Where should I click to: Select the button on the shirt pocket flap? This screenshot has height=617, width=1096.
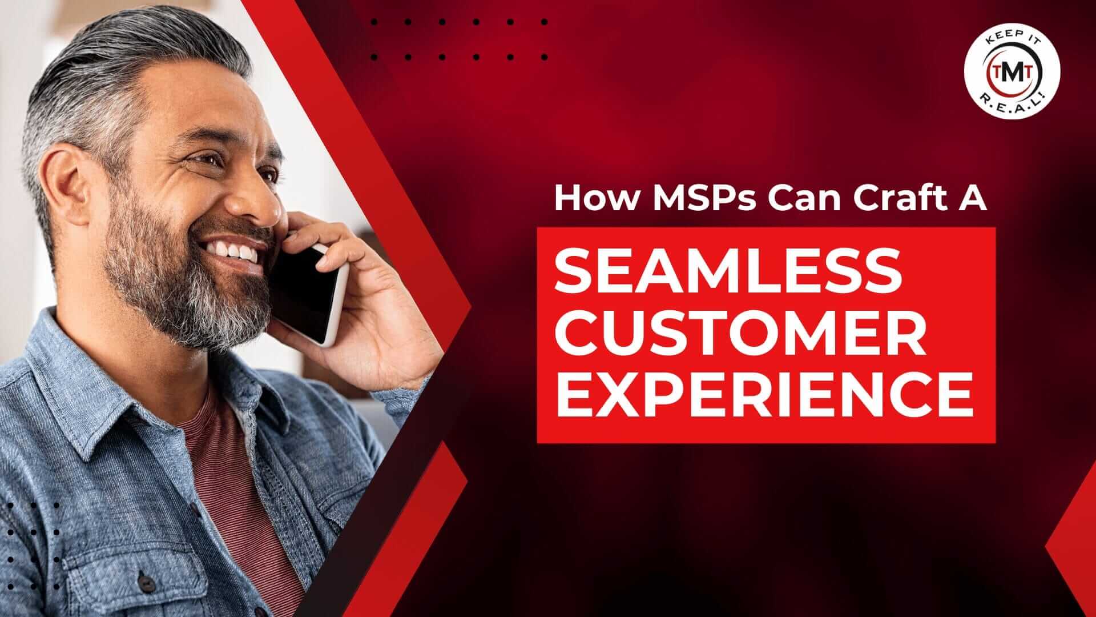147,584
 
